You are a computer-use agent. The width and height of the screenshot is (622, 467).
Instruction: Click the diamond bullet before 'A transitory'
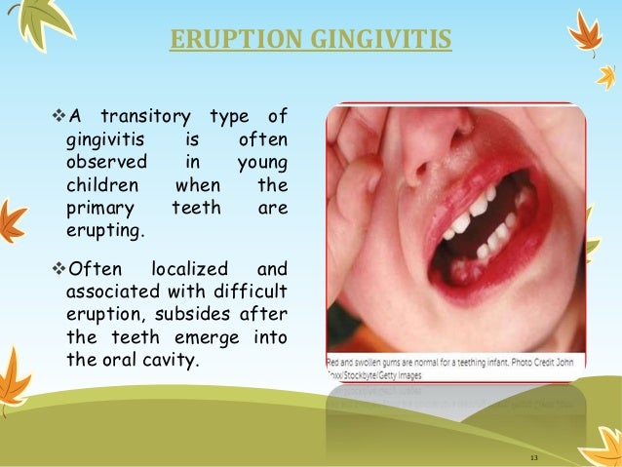[55, 119]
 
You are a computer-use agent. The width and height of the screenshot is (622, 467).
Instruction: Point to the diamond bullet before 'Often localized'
[55, 268]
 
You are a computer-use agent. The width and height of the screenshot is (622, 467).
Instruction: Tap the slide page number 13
[533, 457]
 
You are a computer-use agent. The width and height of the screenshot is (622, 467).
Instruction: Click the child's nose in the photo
[430, 146]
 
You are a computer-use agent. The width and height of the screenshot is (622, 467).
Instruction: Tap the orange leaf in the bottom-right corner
[601, 444]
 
